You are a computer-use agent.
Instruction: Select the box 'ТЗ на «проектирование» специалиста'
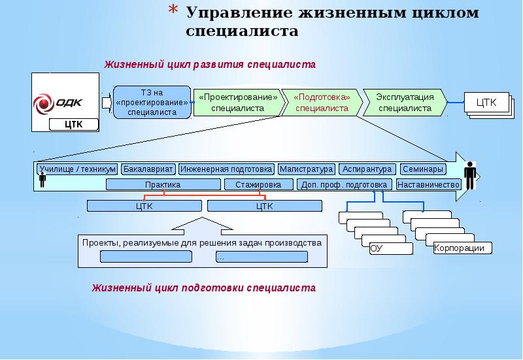(152, 102)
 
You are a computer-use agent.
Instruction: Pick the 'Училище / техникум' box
(77, 169)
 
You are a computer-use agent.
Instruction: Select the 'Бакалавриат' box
(148, 169)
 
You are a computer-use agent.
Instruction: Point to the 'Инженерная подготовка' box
(226, 169)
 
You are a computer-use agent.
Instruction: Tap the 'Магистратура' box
(306, 169)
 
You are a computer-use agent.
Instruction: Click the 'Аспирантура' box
(367, 169)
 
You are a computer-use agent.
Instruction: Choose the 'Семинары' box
(422, 169)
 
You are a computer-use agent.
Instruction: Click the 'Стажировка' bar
(258, 185)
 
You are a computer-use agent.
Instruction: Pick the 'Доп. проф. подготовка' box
(345, 185)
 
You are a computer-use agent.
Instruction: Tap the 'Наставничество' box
(428, 185)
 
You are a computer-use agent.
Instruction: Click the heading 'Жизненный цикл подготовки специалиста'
(203, 287)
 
